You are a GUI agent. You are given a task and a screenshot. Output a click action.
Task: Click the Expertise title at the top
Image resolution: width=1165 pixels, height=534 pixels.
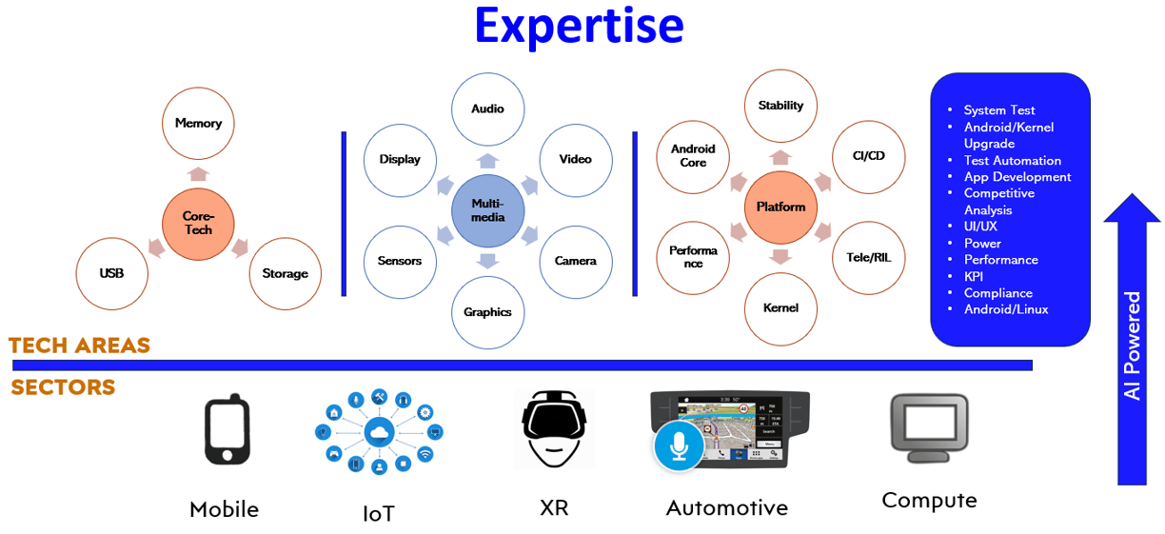tap(579, 26)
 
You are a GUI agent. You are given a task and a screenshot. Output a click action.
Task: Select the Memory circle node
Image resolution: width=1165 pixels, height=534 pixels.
tap(198, 123)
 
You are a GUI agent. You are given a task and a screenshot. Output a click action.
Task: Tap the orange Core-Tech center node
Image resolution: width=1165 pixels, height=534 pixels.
tap(198, 223)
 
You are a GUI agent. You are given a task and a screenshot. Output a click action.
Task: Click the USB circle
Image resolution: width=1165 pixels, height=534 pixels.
tap(111, 273)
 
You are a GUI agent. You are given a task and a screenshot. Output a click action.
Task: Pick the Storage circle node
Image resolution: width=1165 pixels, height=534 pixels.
tap(285, 273)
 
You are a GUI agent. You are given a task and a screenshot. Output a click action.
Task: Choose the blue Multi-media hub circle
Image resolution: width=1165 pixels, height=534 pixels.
tap(487, 209)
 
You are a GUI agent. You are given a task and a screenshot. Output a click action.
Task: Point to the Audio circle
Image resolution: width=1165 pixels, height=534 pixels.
tap(487, 109)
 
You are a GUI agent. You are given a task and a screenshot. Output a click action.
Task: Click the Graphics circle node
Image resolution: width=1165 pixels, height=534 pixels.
tap(487, 311)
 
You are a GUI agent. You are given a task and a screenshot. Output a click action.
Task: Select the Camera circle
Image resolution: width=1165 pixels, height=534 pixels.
tap(575, 261)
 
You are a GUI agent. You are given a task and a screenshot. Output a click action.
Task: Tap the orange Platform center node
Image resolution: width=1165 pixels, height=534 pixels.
tap(780, 207)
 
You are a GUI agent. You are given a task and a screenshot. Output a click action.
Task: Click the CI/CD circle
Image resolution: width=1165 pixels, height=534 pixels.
tap(867, 155)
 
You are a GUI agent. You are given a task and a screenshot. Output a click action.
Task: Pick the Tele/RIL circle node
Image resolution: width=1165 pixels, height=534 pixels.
tap(867, 257)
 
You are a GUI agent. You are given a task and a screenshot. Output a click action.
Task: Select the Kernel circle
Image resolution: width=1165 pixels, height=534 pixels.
tap(780, 307)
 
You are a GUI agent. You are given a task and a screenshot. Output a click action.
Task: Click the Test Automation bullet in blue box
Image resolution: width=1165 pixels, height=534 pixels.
tap(1012, 160)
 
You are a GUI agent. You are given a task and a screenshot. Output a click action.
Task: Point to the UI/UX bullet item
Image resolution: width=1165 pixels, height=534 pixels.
tap(980, 227)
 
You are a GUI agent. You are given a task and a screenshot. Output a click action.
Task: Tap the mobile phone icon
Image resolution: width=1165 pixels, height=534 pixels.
tap(227, 431)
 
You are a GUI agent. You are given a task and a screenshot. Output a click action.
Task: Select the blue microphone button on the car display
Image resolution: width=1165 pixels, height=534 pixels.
tap(679, 445)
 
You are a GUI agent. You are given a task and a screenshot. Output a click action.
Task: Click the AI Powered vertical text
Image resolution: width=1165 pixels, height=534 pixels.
tap(1132, 346)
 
